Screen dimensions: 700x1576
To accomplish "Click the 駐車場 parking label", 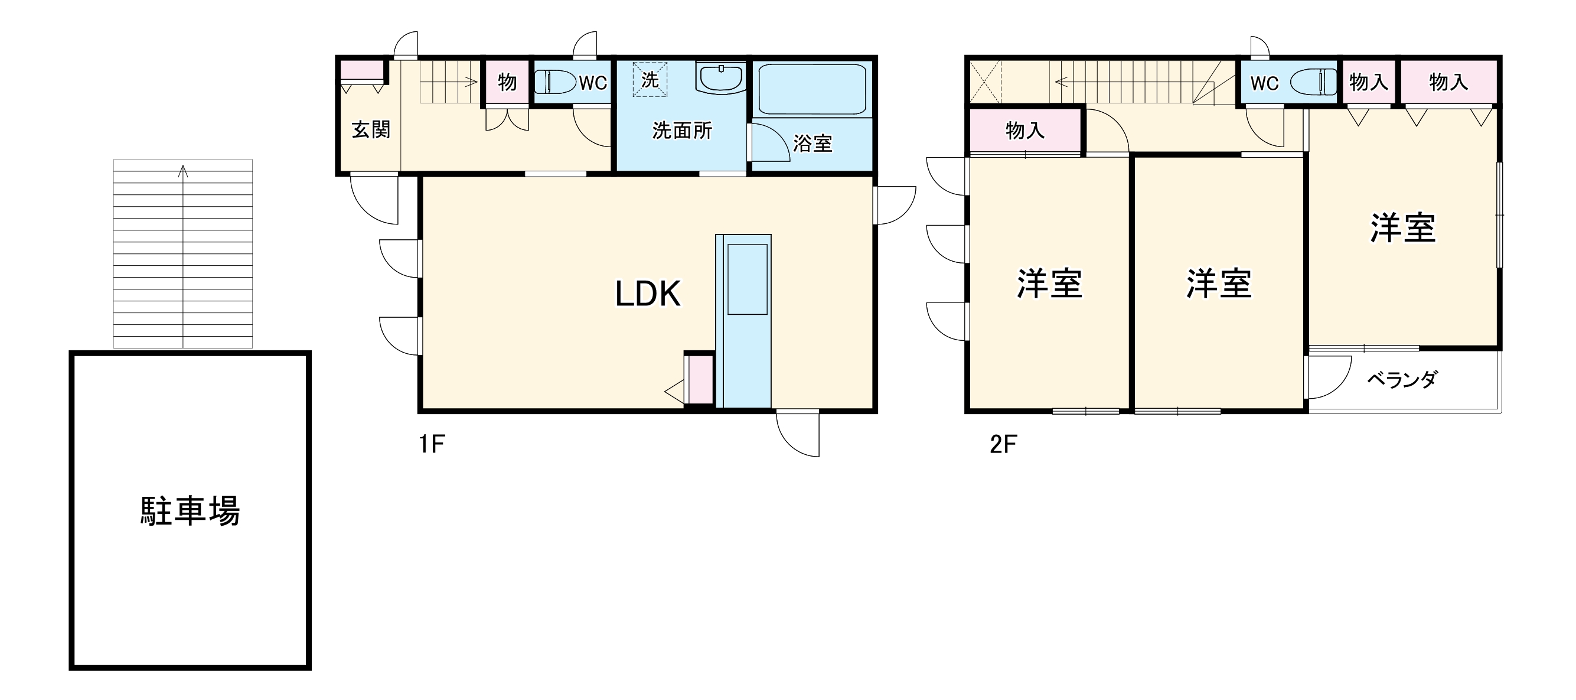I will click(x=190, y=511).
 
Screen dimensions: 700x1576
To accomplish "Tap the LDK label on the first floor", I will click(x=647, y=294).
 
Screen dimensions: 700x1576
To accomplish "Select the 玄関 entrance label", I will click(x=371, y=130).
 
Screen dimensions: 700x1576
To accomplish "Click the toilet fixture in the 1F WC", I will click(x=556, y=82).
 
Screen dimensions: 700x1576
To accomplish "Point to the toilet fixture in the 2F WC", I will click(x=1314, y=82).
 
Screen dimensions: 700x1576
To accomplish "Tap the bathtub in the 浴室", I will click(x=812, y=89).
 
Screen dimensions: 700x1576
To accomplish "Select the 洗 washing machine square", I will click(x=649, y=80).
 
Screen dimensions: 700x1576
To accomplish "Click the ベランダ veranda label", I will click(x=1402, y=380).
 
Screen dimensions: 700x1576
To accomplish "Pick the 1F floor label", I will click(x=431, y=444).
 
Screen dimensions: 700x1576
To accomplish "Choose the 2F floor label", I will click(x=1003, y=444).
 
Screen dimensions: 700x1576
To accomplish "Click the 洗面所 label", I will click(x=682, y=131).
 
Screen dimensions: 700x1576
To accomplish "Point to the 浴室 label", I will click(x=813, y=143).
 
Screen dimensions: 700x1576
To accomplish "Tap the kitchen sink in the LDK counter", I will click(x=747, y=279).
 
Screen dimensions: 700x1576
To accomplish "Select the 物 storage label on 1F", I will click(x=507, y=82).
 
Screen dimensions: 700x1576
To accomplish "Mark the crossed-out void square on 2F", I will click(x=985, y=82).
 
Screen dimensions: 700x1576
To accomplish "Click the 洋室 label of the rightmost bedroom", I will click(x=1403, y=228).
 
